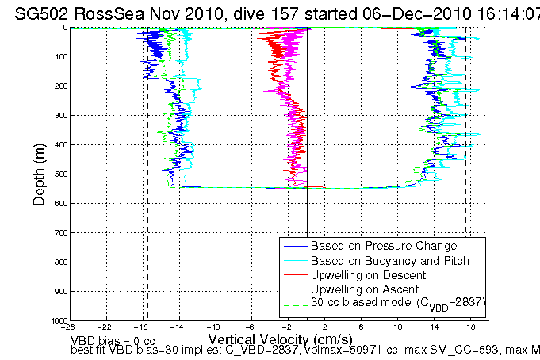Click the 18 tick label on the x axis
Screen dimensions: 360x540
[x=470, y=326]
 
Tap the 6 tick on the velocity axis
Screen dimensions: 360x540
[x=362, y=326]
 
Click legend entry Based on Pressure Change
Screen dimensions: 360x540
[x=372, y=246]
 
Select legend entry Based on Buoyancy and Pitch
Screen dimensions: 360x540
[x=378, y=260]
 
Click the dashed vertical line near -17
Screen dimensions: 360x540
[x=147, y=238]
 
